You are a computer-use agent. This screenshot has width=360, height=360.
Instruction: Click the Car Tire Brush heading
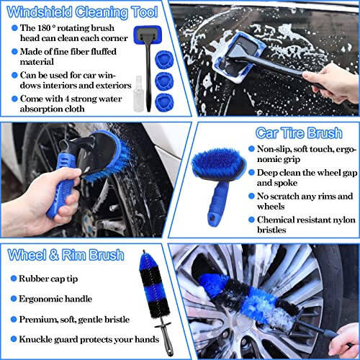[304, 133]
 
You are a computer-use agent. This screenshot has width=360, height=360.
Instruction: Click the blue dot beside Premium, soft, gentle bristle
[14, 318]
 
